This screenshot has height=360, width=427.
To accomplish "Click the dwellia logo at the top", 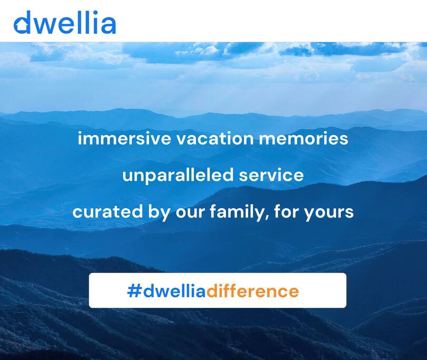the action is point(65,22).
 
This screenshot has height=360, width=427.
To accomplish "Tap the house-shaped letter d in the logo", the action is point(22,22).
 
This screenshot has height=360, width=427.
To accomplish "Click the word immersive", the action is point(124,139).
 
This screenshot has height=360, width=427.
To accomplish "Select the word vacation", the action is point(215,139).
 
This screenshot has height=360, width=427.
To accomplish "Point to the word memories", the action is point(303,139).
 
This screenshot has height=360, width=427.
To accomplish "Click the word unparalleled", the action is point(178,175).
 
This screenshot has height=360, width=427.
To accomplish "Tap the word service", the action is point(271,176).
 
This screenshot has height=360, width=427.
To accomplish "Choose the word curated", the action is point(107,212).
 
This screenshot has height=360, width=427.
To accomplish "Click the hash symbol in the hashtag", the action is point(134,291).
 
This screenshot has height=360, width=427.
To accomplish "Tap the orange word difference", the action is point(252,291).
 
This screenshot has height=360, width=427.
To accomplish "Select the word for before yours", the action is point(286,212).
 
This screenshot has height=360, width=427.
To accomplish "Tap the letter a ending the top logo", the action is point(109,25).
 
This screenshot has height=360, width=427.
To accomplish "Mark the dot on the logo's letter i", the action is point(95,13).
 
